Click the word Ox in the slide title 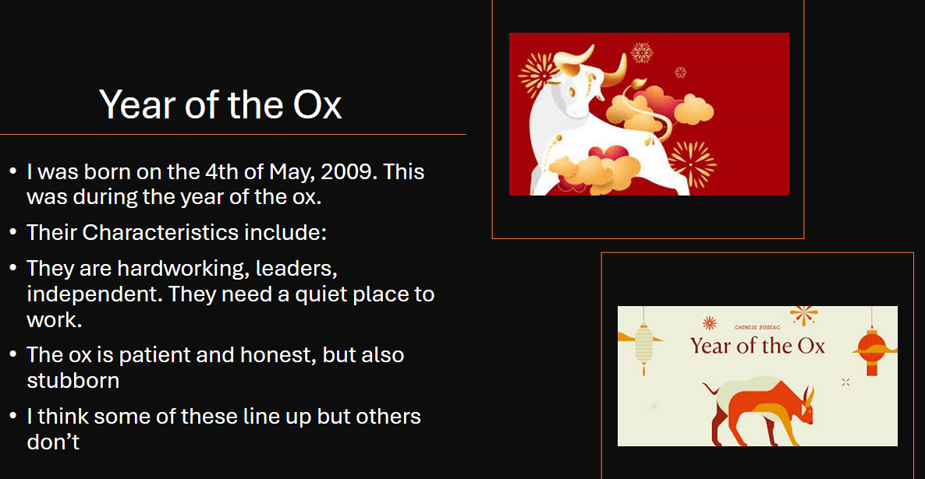tap(317, 105)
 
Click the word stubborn tap(73, 381)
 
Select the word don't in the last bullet tap(53, 442)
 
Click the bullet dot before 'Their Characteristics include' tap(13, 231)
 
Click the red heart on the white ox tap(608, 153)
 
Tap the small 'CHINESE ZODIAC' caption tap(757, 327)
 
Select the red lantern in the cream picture tap(872, 350)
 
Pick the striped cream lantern tap(643, 347)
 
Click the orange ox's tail tap(711, 389)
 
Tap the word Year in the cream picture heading tap(711, 346)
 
